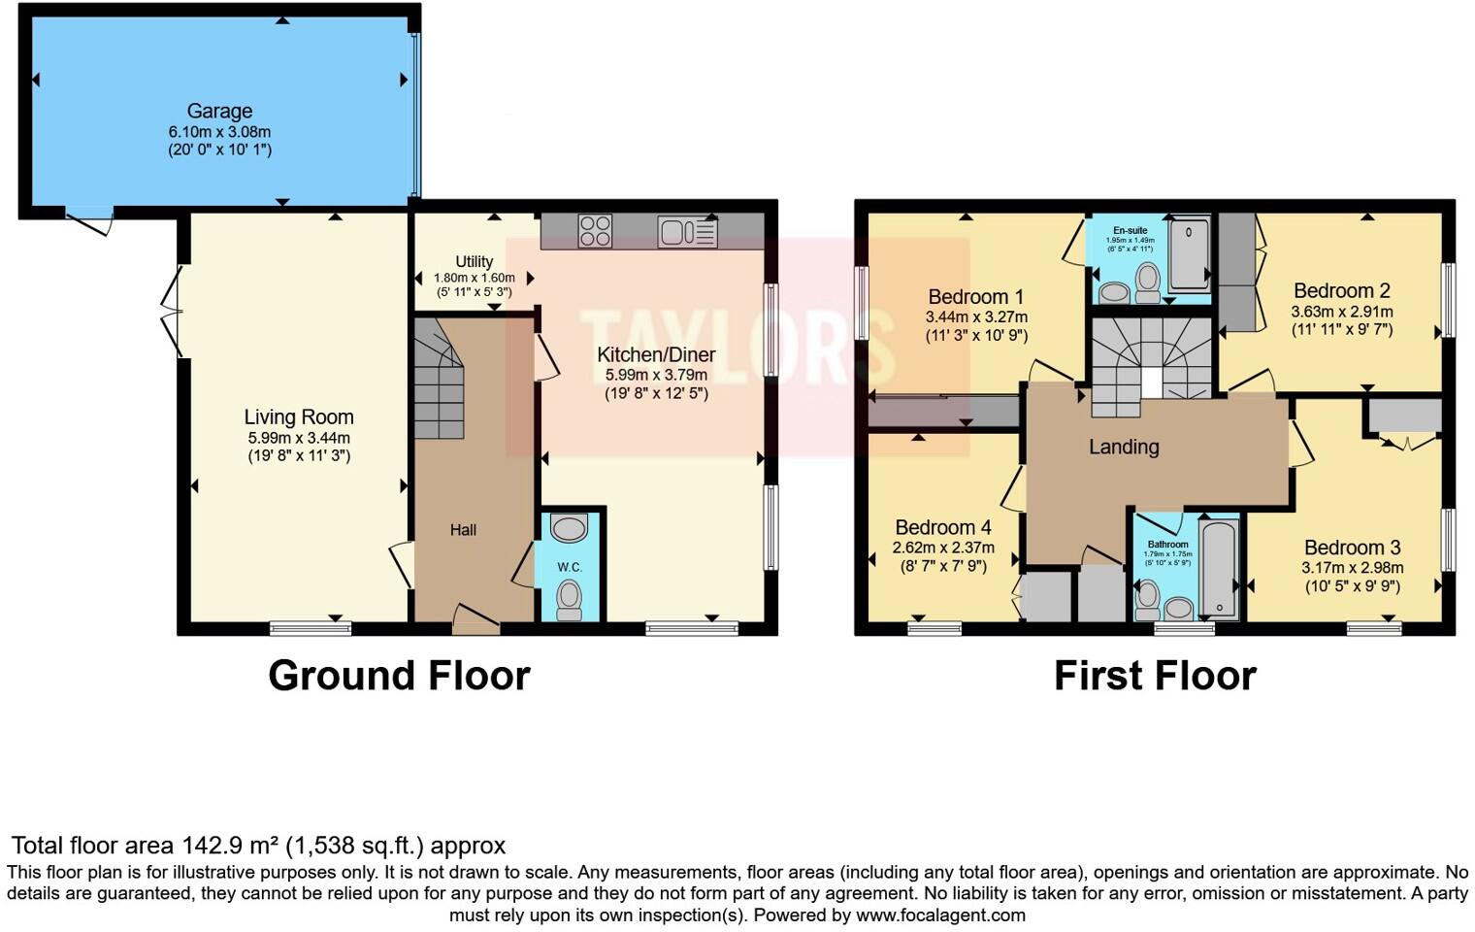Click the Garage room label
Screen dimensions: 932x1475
[219, 112]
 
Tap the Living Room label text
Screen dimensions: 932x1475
[298, 417]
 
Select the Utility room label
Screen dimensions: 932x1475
[474, 261]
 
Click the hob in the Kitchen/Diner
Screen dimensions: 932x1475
[595, 231]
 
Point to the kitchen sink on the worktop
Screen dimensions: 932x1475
[686, 232]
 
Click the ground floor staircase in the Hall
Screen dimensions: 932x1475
[438, 383]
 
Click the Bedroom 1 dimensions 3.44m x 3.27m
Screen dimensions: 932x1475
[975, 316]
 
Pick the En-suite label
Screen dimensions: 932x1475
[1130, 231]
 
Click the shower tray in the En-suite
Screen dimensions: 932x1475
[1189, 255]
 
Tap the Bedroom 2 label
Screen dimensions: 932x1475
[1341, 290]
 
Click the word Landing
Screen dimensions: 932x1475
[1123, 447]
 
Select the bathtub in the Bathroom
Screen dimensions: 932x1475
[1219, 568]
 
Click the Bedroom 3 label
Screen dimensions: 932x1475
[1352, 548]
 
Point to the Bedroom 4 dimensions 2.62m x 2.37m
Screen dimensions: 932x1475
[942, 548]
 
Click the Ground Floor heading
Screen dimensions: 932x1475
[399, 676]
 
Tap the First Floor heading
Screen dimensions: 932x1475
[1155, 676]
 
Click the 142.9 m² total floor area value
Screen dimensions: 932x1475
[231, 846]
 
